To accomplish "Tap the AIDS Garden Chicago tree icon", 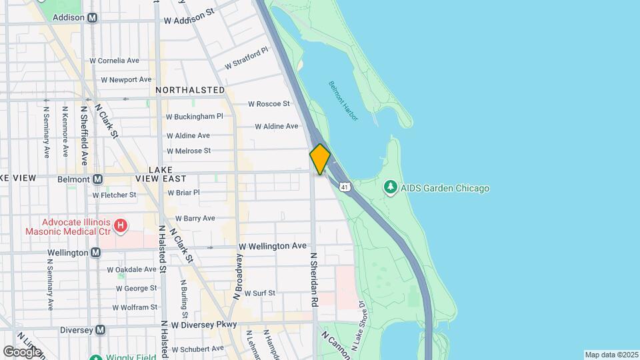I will (391, 187).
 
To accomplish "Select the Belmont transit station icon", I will (98, 179).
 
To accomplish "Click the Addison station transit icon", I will (91, 17).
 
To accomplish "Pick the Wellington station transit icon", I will (96, 253).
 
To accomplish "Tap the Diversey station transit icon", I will (100, 329).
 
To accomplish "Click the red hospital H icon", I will (120, 227).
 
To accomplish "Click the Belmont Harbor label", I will (343, 101).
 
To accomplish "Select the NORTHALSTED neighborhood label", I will (190, 89).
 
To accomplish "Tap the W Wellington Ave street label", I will (273, 246).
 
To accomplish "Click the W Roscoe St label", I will (269, 103).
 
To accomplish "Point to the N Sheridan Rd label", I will (313, 279).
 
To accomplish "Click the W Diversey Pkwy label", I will (204, 325).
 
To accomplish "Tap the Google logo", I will (21, 351).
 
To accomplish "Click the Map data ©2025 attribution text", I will (611, 355).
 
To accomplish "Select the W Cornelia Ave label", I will (114, 60).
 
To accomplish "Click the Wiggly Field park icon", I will (95, 357).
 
